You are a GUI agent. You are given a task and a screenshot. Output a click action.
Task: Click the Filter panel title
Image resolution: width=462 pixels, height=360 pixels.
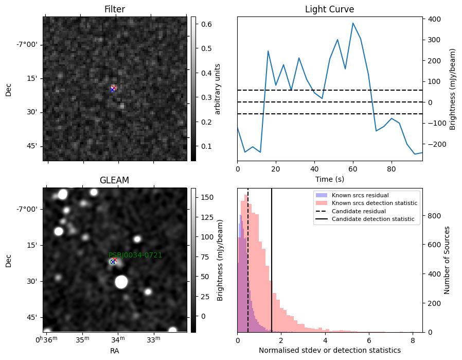click(115, 9)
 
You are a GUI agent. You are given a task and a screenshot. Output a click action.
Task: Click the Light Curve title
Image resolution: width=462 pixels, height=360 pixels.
click(329, 9)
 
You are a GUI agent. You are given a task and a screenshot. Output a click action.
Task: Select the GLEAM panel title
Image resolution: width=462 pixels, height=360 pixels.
click(114, 180)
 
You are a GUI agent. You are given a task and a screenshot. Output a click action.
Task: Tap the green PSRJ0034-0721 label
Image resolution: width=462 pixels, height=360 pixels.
click(135, 255)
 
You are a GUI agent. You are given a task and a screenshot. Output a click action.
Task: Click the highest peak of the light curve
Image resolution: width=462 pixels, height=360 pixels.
click(353, 23)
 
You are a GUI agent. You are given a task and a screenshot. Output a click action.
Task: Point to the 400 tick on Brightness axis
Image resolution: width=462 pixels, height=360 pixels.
click(435, 19)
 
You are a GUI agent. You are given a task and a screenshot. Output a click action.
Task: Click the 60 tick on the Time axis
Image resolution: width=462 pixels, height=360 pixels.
click(353, 169)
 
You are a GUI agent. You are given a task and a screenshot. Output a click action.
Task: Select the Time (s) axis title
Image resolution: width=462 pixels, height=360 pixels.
click(330, 179)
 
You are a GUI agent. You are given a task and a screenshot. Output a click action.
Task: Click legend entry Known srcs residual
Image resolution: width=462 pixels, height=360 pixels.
click(360, 195)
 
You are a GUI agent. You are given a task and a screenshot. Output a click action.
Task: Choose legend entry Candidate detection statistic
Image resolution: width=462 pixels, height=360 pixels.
click(373, 219)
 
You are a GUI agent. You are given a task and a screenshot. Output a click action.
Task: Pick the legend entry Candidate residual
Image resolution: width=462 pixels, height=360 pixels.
click(359, 211)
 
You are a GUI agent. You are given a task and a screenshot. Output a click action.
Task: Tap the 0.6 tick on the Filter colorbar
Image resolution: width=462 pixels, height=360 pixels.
click(206, 24)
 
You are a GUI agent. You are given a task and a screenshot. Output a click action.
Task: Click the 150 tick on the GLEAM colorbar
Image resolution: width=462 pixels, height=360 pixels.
click(207, 197)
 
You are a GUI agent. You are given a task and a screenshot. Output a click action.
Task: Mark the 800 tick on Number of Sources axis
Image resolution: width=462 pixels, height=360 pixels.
click(435, 216)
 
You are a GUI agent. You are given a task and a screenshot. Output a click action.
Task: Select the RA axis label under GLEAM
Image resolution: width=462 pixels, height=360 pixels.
click(115, 351)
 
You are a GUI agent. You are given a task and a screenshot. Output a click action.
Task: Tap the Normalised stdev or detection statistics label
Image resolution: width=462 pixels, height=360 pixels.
click(330, 350)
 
